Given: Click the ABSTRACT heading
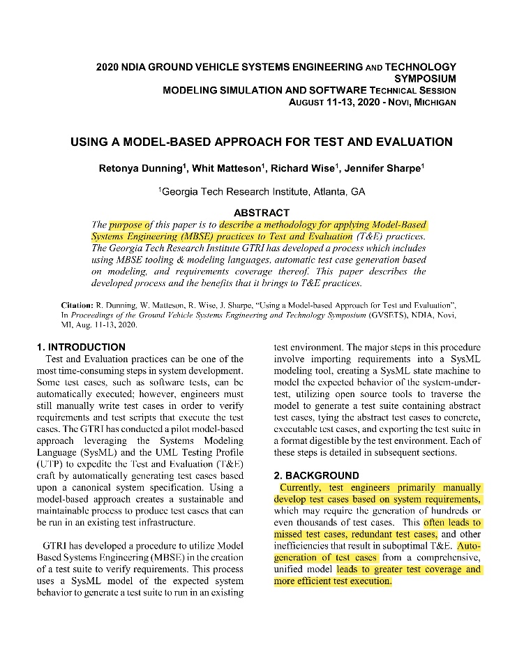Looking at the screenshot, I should (x=261, y=213).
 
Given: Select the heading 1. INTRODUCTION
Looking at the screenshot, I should (x=82, y=347).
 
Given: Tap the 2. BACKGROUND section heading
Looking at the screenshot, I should (x=315, y=475).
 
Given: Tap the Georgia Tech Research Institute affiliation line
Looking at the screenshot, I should (x=261, y=191).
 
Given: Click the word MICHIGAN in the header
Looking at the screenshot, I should (x=434, y=102).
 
